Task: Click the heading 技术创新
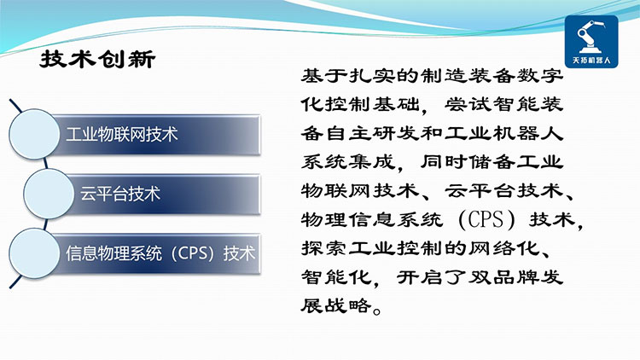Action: pyautogui.click(x=97, y=59)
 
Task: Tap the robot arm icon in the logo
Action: pyautogui.click(x=591, y=37)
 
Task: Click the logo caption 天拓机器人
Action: pyautogui.click(x=591, y=61)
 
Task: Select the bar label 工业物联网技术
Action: pyautogui.click(x=122, y=134)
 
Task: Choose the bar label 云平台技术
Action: pyautogui.click(x=120, y=194)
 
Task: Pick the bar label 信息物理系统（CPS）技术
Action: pyautogui.click(x=160, y=253)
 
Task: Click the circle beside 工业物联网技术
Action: pyautogui.click(x=34, y=134)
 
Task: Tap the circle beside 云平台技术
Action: pyautogui.click(x=49, y=194)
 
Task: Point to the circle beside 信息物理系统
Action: pyautogui.click(x=34, y=253)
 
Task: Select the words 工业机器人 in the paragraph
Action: pyautogui.click(x=503, y=133)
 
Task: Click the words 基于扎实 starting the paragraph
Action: pyautogui.click(x=348, y=76)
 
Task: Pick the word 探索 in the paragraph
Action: pyautogui.click(x=324, y=248)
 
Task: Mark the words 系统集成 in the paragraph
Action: pyautogui.click(x=348, y=161)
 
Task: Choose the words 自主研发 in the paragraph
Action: pyautogui.click(x=372, y=133)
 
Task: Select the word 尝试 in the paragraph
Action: pyautogui.click(x=468, y=104)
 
